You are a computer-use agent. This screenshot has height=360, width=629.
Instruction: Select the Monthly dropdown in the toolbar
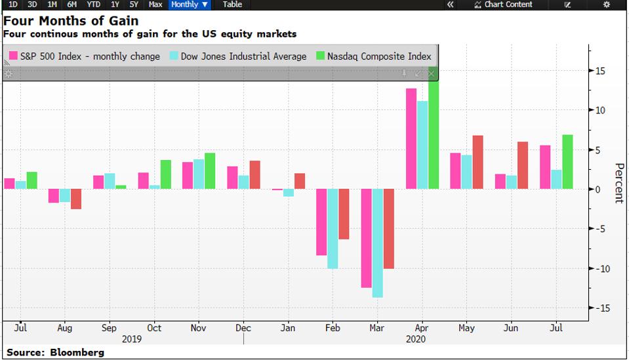pos(190,5)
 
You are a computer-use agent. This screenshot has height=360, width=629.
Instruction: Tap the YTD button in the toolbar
pos(94,5)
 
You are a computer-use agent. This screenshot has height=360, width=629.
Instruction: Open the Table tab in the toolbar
pos(232,5)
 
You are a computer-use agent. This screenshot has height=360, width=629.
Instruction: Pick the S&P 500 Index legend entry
pos(85,56)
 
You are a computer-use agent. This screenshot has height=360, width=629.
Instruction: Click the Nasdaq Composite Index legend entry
pos(375,56)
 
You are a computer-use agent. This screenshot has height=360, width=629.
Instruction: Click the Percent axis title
pos(618,183)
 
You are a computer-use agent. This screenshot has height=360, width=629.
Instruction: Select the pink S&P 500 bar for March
pos(367,238)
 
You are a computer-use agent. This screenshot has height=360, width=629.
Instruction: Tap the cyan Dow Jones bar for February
pos(333,229)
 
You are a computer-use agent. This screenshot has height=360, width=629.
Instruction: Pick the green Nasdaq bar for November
pos(210,171)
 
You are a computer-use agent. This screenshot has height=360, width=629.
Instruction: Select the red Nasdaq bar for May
pos(477,163)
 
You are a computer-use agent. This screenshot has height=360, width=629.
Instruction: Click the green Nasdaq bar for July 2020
pos(567,162)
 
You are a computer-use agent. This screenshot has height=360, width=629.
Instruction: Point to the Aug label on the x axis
pos(65,328)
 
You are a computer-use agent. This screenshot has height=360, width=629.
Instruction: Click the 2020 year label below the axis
pos(416,339)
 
